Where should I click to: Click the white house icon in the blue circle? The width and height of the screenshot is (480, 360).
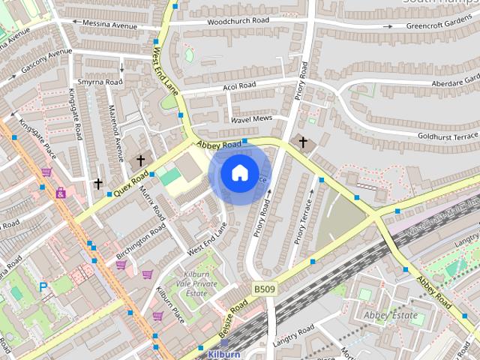click(239, 172)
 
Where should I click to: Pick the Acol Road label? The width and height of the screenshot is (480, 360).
click(239, 86)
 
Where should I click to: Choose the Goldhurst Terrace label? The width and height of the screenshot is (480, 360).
click(448, 136)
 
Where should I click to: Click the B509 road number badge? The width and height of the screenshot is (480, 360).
click(262, 288)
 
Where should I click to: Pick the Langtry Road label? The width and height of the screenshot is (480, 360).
click(294, 335)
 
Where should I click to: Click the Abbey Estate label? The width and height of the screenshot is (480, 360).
click(391, 316)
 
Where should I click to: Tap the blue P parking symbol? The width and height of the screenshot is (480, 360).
click(43, 287)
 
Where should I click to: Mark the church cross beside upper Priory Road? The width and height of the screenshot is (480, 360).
click(303, 142)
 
